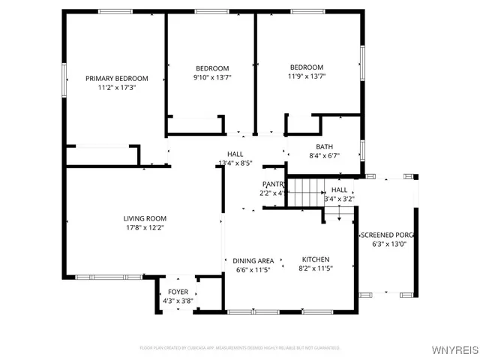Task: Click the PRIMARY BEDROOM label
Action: (116, 78)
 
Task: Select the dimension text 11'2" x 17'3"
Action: (116, 87)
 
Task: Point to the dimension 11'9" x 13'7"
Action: (306, 76)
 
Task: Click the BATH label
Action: (324, 147)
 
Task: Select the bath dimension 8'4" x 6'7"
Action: (324, 156)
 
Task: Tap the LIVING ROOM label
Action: (145, 218)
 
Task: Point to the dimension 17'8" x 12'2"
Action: (145, 227)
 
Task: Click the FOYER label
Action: (178, 292)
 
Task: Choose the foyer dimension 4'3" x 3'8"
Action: (178, 301)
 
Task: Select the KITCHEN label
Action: (316, 259)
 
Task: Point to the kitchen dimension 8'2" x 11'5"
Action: (315, 268)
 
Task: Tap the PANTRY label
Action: (274, 184)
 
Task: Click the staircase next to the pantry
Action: (304, 192)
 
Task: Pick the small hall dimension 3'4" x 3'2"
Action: (339, 199)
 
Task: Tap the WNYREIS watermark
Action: (453, 350)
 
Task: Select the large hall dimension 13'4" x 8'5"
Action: (235, 163)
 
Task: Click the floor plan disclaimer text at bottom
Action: (240, 348)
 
